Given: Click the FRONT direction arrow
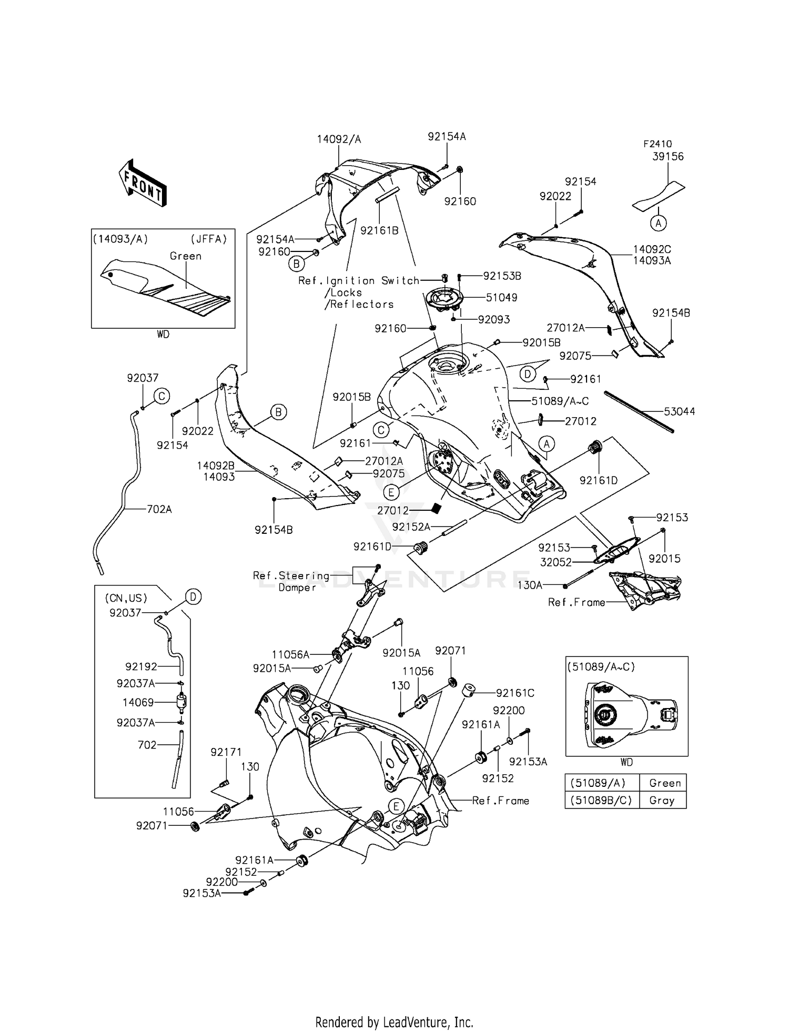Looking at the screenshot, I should pyautogui.click(x=143, y=183).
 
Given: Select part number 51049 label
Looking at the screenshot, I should pyautogui.click(x=501, y=298).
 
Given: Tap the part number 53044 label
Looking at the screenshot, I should pyautogui.click(x=679, y=412).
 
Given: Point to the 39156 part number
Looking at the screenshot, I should pyautogui.click(x=668, y=157).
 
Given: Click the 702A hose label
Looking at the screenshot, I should pyautogui.click(x=159, y=509).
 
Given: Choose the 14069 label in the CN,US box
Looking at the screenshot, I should pyautogui.click(x=138, y=702).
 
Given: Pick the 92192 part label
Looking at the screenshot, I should pyautogui.click(x=141, y=666).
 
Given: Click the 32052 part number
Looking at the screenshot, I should pyautogui.click(x=555, y=562).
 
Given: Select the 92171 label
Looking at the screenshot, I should pyautogui.click(x=226, y=753).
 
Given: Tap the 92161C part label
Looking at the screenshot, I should pyautogui.click(x=515, y=693).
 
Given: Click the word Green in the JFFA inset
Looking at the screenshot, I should pyautogui.click(x=186, y=256).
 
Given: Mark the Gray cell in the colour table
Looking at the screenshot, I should pyautogui.click(x=662, y=800).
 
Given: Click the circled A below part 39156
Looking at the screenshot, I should pyautogui.click(x=658, y=223).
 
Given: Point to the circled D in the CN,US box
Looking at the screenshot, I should pyautogui.click(x=193, y=597).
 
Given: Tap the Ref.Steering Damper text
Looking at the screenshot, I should pyautogui.click(x=291, y=581).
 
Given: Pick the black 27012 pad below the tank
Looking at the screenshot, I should pyautogui.click(x=435, y=509).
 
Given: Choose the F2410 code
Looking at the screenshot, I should pyautogui.click(x=657, y=144).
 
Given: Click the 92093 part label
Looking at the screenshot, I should pyautogui.click(x=494, y=320).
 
